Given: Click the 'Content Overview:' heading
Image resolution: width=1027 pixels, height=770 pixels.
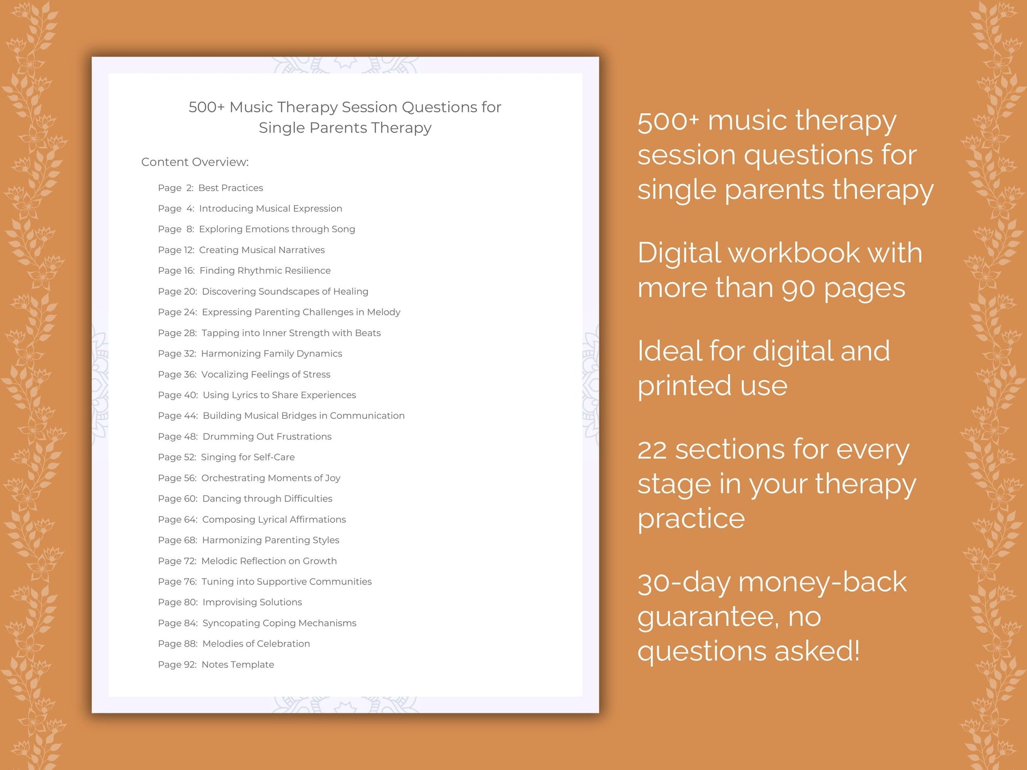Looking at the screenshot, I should click(x=195, y=162).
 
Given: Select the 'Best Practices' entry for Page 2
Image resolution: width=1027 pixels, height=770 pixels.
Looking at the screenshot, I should click(x=231, y=188).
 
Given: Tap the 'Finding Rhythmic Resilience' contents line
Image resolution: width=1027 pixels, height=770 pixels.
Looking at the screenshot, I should click(x=265, y=271).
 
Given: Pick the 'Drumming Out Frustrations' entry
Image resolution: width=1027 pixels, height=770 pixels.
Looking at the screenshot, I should click(x=267, y=437).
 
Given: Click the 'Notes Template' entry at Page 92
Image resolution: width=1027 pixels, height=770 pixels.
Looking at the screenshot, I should click(x=237, y=665).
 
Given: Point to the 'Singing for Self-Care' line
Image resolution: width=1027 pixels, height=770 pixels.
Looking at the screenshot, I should click(x=248, y=457).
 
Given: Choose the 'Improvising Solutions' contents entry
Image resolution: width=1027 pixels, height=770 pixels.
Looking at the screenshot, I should click(x=252, y=602).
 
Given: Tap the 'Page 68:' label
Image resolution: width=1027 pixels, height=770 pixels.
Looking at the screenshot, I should click(x=177, y=540).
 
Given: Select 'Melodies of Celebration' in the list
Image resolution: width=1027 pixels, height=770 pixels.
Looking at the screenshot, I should click(x=256, y=643).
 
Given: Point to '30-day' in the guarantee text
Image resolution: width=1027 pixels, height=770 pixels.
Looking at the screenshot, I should click(x=683, y=583).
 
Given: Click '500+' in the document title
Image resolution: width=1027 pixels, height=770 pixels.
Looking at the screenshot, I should click(x=206, y=107).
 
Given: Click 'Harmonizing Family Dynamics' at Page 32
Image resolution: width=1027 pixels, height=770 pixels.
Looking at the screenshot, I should click(x=271, y=353).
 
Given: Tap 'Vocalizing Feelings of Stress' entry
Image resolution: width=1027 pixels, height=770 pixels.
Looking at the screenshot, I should click(x=265, y=374).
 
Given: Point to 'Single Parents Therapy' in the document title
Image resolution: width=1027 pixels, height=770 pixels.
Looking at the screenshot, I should click(x=345, y=128).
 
